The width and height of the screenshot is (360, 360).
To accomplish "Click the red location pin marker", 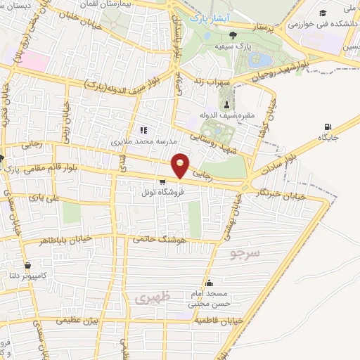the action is tap(181, 166).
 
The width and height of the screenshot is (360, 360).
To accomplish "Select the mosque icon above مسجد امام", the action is tap(209, 283).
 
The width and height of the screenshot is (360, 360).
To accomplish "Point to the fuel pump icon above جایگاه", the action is tap(327, 127).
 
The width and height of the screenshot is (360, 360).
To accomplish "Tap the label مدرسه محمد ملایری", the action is tap(146, 141).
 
